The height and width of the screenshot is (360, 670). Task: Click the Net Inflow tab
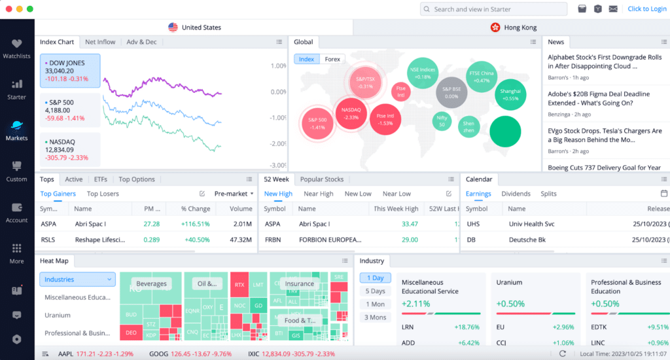(100, 42)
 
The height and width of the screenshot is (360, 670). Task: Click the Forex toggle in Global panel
(332, 60)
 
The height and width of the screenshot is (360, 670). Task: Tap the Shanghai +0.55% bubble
(510, 95)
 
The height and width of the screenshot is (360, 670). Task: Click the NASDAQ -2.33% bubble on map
(351, 113)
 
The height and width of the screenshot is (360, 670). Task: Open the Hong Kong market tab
(513, 27)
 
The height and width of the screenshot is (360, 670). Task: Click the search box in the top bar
(493, 9)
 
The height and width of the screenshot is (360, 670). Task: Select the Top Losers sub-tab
(103, 194)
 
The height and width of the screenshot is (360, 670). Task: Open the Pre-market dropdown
(234, 194)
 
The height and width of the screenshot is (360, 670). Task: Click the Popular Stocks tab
(321, 179)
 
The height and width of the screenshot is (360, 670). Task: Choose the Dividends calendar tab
(516, 194)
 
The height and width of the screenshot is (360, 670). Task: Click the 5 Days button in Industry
(376, 291)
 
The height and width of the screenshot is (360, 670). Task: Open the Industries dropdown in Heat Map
(77, 279)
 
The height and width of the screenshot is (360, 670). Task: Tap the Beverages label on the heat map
(151, 284)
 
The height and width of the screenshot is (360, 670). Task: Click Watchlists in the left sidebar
(16, 49)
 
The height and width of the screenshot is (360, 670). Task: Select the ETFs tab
(100, 179)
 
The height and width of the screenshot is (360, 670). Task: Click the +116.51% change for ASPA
(196, 224)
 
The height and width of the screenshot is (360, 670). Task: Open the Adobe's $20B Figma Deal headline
(598, 98)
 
